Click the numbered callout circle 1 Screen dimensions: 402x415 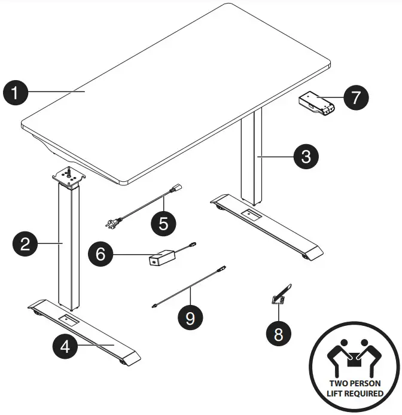click(16, 93)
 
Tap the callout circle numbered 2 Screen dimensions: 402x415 click(25, 243)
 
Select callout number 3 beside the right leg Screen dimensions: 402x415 click(306, 157)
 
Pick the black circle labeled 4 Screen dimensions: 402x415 click(65, 346)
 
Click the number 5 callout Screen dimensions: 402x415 click(163, 224)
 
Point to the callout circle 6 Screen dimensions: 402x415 click(100, 254)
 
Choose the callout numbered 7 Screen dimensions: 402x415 click(356, 97)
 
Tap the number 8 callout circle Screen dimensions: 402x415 click(279, 334)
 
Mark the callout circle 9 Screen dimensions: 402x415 click(190, 318)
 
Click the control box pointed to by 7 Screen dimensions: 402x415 click(316, 103)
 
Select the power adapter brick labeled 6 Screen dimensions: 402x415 click(162, 258)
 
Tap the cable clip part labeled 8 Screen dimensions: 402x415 click(281, 295)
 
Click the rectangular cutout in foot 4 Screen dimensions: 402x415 click(69, 320)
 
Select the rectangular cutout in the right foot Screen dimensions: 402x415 click(252, 214)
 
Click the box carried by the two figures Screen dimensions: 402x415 click(354, 361)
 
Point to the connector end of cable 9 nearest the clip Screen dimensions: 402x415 click(221, 268)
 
